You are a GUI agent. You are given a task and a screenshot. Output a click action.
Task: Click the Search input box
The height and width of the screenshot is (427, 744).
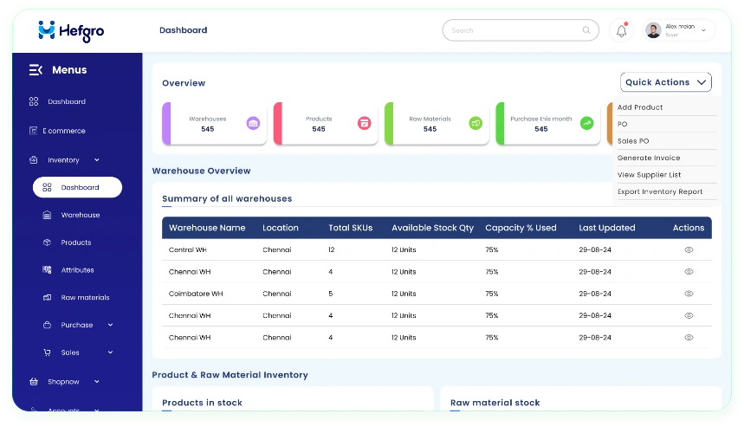pyautogui.click(x=521, y=30)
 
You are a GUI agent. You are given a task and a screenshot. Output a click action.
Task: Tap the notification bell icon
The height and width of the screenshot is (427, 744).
pyautogui.click(x=621, y=30)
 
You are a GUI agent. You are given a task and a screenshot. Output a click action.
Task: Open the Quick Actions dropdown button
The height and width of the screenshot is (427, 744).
pyautogui.click(x=665, y=82)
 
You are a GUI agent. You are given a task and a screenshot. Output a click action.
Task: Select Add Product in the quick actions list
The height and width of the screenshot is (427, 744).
pyautogui.click(x=640, y=107)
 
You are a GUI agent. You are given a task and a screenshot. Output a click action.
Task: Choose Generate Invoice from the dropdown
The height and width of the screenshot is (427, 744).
pyautogui.click(x=649, y=158)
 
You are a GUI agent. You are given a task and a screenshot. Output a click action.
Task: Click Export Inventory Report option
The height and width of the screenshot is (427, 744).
pyautogui.click(x=660, y=191)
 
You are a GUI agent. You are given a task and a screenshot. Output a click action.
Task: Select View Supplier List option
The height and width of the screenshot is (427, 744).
pyautogui.click(x=649, y=175)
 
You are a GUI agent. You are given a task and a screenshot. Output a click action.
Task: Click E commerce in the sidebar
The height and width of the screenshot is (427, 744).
pyautogui.click(x=64, y=131)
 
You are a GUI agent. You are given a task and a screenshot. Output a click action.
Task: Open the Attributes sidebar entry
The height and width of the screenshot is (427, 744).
pyautogui.click(x=77, y=270)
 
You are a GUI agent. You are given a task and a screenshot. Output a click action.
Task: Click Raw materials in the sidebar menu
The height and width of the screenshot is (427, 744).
pyautogui.click(x=85, y=298)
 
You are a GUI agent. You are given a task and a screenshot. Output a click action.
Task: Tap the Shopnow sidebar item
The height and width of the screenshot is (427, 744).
pyautogui.click(x=63, y=381)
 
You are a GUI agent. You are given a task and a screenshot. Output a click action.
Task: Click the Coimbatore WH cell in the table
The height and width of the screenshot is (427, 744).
pyautogui.click(x=196, y=294)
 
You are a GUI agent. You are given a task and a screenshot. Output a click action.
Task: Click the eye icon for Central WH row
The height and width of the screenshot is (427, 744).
pyautogui.click(x=689, y=249)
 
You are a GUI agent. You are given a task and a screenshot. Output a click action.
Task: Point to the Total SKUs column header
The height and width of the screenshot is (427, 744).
pyautogui.click(x=350, y=228)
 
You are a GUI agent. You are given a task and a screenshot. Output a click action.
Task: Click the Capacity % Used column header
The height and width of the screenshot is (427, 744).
pyautogui.click(x=521, y=228)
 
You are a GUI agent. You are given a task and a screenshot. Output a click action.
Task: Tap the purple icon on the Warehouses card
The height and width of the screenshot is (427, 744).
pyautogui.click(x=253, y=123)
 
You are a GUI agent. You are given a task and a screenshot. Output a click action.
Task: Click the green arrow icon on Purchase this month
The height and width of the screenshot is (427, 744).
pyautogui.click(x=587, y=123)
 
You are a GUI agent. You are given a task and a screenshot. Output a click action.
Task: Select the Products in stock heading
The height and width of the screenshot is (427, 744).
pyautogui.click(x=202, y=403)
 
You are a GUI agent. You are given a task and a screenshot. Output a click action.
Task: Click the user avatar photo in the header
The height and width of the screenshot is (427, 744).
pyautogui.click(x=653, y=30)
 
